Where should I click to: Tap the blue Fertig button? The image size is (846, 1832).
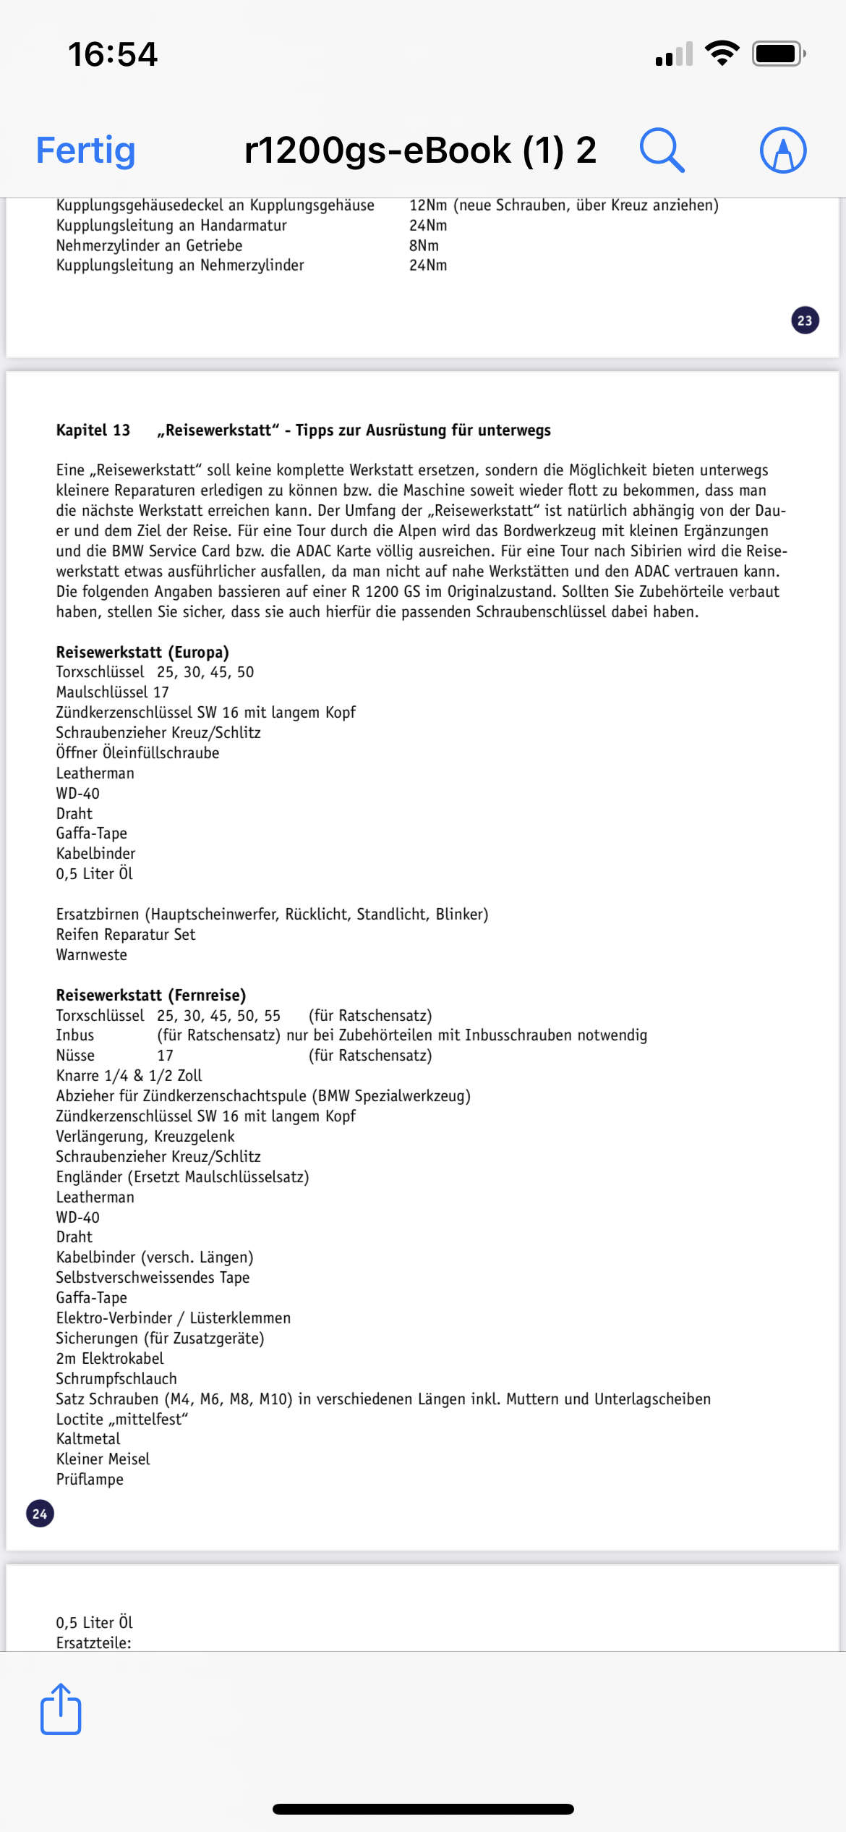pyautogui.click(x=86, y=150)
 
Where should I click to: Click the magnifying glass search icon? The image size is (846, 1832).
pyautogui.click(x=662, y=150)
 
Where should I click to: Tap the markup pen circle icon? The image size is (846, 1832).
pyautogui.click(x=783, y=150)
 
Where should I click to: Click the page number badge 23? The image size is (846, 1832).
pyautogui.click(x=805, y=321)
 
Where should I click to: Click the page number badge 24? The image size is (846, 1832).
pyautogui.click(x=40, y=1514)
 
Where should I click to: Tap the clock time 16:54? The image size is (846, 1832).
pyautogui.click(x=113, y=54)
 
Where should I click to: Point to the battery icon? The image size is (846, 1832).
pyautogui.click(x=778, y=54)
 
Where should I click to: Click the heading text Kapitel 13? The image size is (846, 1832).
pyautogui.click(x=93, y=431)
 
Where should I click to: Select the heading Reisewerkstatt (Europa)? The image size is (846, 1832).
pyautogui.click(x=142, y=652)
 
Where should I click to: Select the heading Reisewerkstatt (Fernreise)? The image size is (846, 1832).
pyautogui.click(x=151, y=995)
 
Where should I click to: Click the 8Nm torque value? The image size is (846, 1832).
pyautogui.click(x=424, y=245)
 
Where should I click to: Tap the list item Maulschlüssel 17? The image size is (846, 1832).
pyautogui.click(x=112, y=692)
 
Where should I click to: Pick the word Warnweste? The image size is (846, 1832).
pyautogui.click(x=92, y=955)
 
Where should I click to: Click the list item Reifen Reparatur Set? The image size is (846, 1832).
pyautogui.click(x=126, y=935)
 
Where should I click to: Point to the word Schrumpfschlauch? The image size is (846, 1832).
pyautogui.click(x=116, y=1378)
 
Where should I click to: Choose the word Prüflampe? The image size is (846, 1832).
pyautogui.click(x=90, y=1480)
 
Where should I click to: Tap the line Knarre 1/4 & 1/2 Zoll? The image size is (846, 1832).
pyautogui.click(x=129, y=1076)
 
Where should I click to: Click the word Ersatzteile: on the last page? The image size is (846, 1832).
pyautogui.click(x=94, y=1642)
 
